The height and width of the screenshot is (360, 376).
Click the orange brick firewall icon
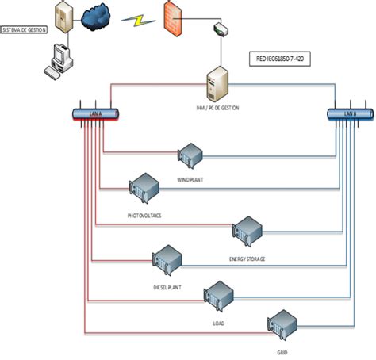175,16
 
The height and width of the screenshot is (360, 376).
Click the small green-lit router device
219,30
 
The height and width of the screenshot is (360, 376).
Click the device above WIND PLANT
191,154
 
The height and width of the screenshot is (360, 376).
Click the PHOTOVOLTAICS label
144,215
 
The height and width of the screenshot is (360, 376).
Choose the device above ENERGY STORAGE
247,229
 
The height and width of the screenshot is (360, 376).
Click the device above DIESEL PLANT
167,258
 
